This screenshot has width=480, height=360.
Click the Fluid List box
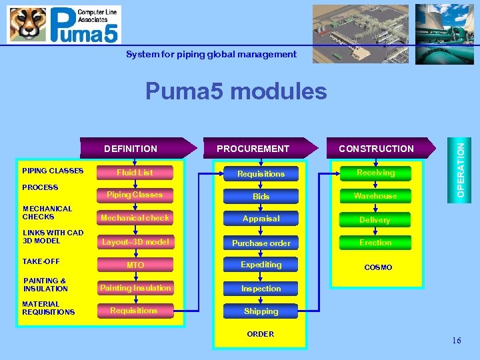(x=135, y=173)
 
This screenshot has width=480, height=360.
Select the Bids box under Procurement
(x=261, y=197)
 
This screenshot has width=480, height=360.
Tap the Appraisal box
(x=261, y=219)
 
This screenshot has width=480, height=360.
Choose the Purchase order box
(x=261, y=243)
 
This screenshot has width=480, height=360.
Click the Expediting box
(x=261, y=265)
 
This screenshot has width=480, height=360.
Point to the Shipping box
(x=261, y=311)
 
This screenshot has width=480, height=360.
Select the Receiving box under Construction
(x=375, y=173)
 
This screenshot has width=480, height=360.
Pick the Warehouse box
(x=375, y=196)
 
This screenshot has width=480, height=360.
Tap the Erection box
(x=375, y=243)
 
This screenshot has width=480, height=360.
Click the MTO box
(x=135, y=265)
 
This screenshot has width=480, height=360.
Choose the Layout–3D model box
(x=135, y=242)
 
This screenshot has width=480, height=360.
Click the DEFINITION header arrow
(x=133, y=149)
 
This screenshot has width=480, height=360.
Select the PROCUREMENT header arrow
(x=257, y=149)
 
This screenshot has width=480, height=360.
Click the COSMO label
(x=378, y=267)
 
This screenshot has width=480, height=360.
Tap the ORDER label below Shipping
(x=260, y=334)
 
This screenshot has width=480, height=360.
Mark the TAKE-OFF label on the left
(x=41, y=261)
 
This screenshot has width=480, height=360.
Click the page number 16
(x=456, y=341)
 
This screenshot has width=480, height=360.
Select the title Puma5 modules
(x=236, y=91)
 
